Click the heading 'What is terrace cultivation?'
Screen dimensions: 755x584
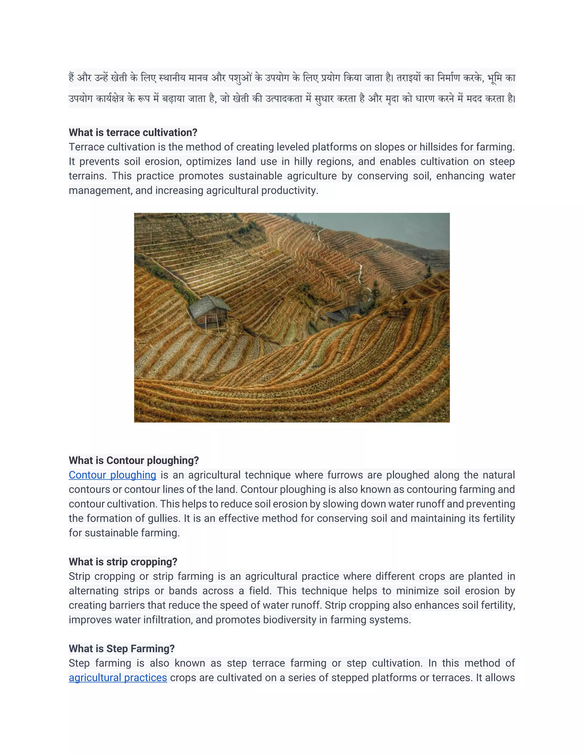tap(133, 132)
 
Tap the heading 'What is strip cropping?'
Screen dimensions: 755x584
tap(123, 562)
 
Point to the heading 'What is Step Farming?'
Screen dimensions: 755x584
tap(121, 648)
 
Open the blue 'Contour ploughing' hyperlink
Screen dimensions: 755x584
tap(112, 475)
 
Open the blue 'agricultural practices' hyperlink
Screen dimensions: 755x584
tap(118, 678)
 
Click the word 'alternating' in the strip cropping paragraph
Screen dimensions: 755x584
tap(94, 591)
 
